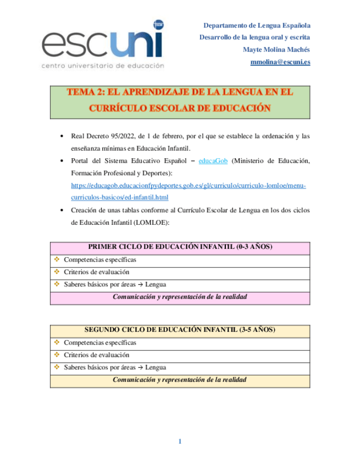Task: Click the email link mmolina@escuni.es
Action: tap(280, 62)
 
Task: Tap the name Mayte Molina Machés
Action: tap(276, 49)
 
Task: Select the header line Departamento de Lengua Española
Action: tap(257, 25)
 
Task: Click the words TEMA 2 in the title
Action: tap(84, 93)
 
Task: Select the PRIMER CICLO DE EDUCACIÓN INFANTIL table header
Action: tap(180, 247)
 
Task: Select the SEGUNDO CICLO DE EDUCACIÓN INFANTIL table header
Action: tap(180, 330)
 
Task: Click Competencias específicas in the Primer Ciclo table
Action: tap(99, 259)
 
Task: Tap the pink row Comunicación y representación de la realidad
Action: tap(180, 297)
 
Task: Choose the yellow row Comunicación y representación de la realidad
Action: tap(180, 380)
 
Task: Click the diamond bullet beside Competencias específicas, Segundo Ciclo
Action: tap(57, 342)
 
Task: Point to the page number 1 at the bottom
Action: tap(180, 441)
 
